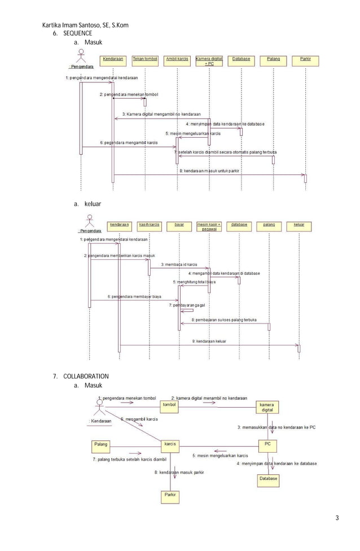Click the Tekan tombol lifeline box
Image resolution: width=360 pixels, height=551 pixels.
click(145, 59)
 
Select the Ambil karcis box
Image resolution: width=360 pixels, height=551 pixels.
click(177, 59)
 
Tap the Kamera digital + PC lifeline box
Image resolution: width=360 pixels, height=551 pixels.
click(209, 61)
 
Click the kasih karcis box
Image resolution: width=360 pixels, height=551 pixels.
click(150, 224)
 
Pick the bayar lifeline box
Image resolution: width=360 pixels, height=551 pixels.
click(179, 224)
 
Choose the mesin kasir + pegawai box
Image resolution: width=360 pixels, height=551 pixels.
click(209, 226)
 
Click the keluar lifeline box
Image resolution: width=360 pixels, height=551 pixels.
click(299, 224)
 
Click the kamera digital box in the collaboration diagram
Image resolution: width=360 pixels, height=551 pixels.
click(267, 408)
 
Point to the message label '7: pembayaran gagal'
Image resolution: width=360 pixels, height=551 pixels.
click(187, 305)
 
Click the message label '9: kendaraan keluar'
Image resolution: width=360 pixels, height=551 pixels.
click(209, 341)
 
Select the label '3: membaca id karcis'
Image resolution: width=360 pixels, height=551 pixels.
click(179, 264)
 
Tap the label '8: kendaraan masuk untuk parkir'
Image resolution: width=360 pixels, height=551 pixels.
click(209, 170)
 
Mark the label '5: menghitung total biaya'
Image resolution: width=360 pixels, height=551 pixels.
click(194, 281)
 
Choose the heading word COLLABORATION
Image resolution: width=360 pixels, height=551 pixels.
click(86, 376)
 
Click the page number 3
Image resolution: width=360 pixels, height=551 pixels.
click(337, 518)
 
